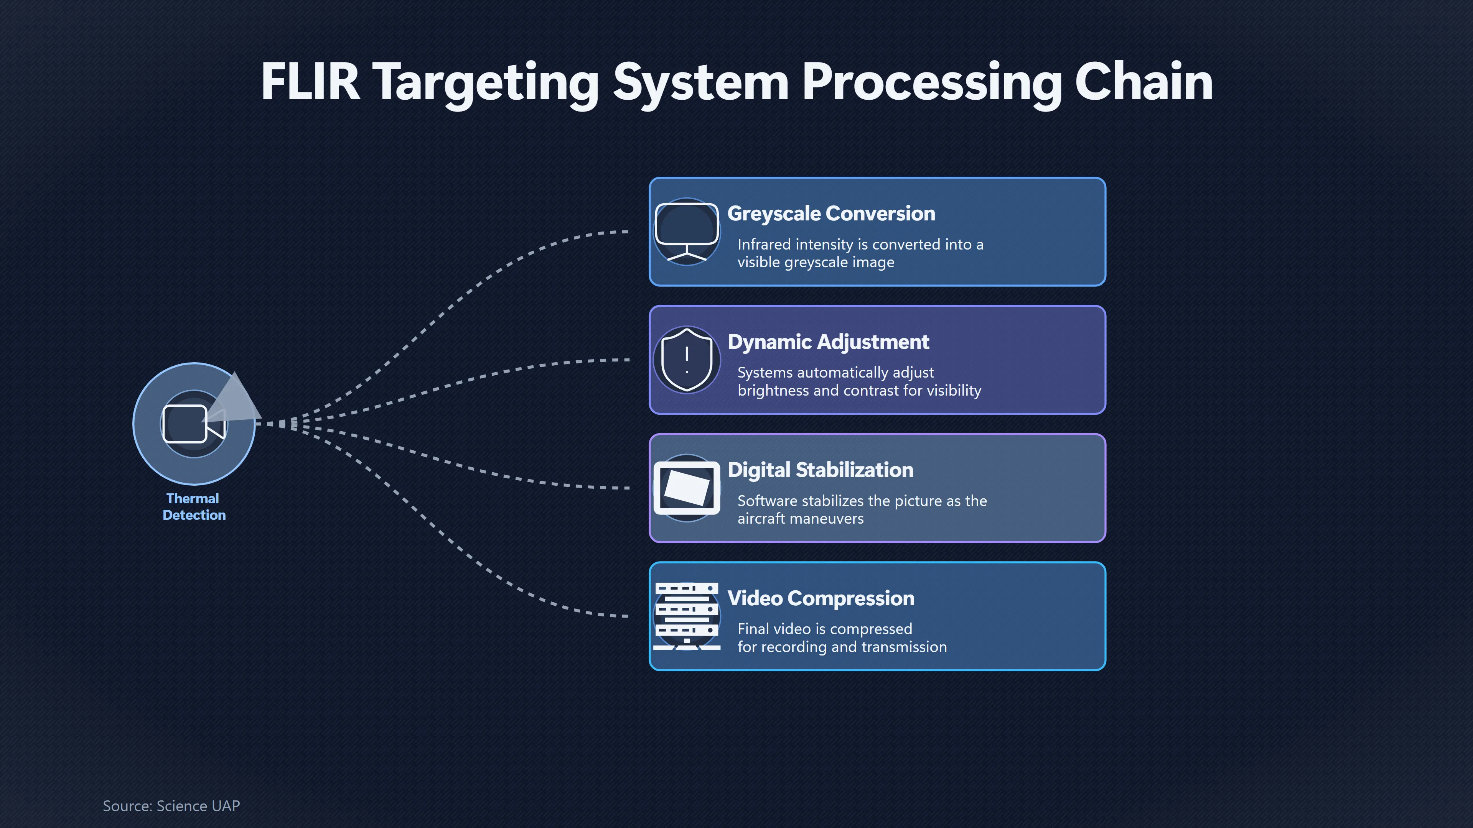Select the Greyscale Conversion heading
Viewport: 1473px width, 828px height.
click(831, 214)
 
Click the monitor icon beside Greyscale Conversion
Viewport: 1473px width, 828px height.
click(687, 232)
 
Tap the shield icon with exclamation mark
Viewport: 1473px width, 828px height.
click(687, 360)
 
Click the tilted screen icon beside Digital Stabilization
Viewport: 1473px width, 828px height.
click(687, 488)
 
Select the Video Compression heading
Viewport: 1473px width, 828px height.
click(821, 598)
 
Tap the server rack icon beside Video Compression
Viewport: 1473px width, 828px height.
click(687, 616)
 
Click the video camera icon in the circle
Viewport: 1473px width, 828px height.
click(194, 424)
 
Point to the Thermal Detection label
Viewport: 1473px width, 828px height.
click(194, 507)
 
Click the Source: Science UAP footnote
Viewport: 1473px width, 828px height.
click(171, 806)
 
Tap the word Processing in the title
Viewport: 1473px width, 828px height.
click(931, 84)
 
